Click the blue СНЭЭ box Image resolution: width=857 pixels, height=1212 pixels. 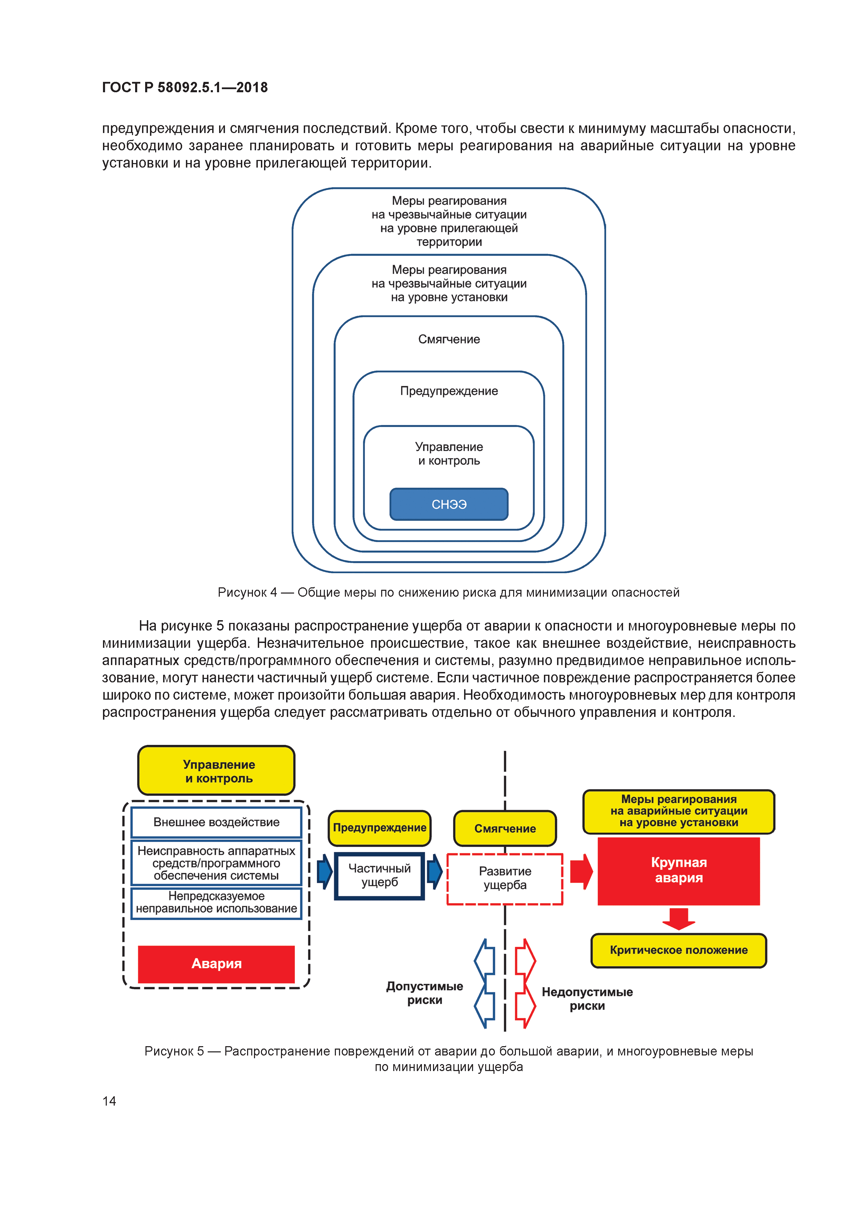tap(449, 504)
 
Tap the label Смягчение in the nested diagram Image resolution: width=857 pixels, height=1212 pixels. tap(449, 339)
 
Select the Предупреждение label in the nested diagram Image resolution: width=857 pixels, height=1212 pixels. tap(449, 391)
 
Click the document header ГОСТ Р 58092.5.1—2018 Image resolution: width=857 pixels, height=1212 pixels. tap(185, 88)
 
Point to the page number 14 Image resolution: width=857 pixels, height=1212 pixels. tap(109, 1101)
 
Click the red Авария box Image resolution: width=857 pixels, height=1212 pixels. tap(216, 964)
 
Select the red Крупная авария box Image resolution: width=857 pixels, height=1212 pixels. tap(679, 870)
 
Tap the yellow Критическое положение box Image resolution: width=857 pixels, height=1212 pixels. tap(679, 950)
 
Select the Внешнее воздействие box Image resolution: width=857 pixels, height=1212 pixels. tap(216, 822)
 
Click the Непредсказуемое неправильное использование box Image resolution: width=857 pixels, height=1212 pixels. tap(216, 903)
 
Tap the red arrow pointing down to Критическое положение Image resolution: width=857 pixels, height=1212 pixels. tap(679, 919)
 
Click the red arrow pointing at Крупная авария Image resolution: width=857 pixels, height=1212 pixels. tap(581, 872)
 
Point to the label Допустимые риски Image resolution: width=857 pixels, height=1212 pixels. tap(425, 993)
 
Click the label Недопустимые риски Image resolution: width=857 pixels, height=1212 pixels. tap(587, 999)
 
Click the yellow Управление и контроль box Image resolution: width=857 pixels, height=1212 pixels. tap(216, 771)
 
